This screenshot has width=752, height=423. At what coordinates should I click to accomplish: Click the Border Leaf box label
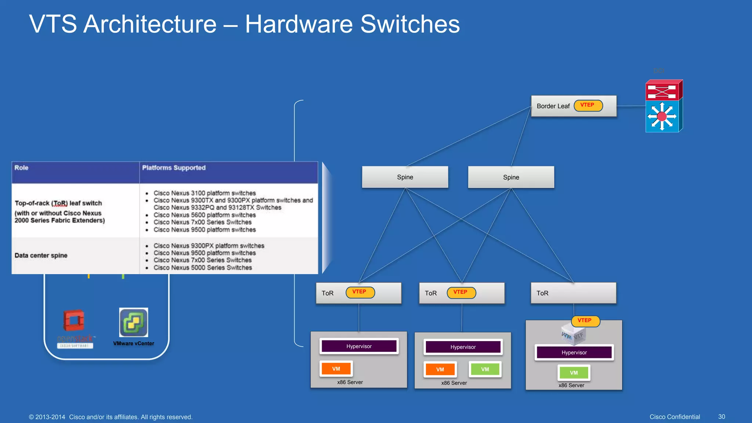(553, 106)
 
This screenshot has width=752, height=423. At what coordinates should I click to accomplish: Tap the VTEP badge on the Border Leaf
(588, 105)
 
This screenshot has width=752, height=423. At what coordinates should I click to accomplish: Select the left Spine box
(405, 177)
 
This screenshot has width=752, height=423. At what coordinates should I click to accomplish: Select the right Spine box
(511, 177)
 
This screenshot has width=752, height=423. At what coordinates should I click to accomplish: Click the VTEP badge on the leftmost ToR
(360, 292)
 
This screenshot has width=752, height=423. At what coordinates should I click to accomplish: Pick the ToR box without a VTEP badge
(573, 293)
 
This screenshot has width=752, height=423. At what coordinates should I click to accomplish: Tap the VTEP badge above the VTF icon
(585, 321)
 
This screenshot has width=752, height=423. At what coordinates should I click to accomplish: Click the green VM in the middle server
(485, 369)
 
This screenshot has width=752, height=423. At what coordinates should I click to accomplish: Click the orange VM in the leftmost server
(336, 369)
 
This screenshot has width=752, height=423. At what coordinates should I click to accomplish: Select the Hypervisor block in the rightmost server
(574, 352)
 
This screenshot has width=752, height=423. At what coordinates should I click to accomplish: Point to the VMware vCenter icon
(134, 322)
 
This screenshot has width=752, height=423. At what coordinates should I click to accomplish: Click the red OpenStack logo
(74, 321)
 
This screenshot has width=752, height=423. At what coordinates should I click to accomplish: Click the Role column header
(21, 168)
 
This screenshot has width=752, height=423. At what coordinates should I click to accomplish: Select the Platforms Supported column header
(174, 168)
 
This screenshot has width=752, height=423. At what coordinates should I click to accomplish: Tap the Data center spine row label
(41, 256)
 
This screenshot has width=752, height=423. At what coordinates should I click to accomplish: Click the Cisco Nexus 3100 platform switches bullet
(205, 193)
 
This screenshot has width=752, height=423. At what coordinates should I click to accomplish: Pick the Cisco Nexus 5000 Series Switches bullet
(203, 268)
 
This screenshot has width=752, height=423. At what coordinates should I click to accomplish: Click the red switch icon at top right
(663, 90)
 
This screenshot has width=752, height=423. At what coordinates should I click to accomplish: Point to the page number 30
(722, 417)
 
